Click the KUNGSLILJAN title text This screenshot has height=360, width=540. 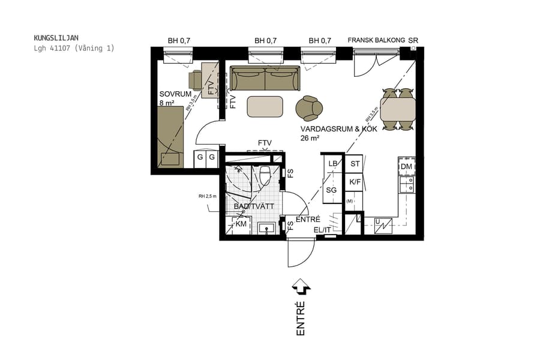pos(57,38)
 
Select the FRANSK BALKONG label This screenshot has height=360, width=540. pos(376,41)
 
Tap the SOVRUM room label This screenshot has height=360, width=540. pos(175,94)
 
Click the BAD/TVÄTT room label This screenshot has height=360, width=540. pos(254,206)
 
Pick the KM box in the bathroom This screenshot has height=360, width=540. pos(241,224)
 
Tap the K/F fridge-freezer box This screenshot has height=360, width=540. pos(355,182)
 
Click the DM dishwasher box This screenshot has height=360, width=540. pos(406,166)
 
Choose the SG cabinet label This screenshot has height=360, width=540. pos(331,190)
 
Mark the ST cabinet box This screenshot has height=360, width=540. pos(355,164)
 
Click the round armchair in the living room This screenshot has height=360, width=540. pos(310,108)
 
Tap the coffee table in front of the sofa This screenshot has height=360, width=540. pos(265,107)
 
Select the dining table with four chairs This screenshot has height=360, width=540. pos(398,109)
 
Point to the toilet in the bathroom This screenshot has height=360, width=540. pos(265,176)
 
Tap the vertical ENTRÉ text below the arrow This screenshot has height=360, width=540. pos(301,318)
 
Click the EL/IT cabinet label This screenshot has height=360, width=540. pos(323,230)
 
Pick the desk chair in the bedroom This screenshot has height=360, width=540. pos(196,80)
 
